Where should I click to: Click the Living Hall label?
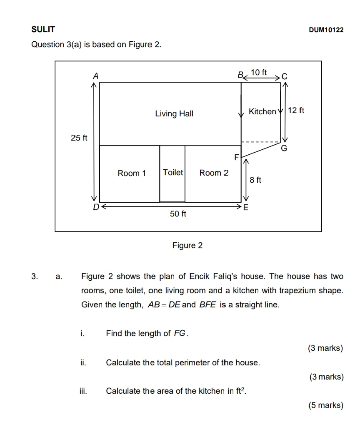174,114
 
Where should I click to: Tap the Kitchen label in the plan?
262,111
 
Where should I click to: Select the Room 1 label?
132,173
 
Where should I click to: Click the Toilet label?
173,172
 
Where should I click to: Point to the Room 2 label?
214,173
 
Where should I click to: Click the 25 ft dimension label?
79,138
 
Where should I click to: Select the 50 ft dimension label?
178,214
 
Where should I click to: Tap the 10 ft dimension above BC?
259,73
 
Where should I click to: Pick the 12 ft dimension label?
296,111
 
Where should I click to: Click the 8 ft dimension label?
255,180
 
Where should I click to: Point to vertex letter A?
95,76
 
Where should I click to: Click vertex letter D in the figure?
95,206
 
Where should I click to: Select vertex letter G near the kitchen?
284,148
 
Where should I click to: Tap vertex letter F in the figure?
236,157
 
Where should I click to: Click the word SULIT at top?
43,30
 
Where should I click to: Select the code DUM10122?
326,30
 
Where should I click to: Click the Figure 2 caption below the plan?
187,246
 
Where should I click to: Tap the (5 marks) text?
326,405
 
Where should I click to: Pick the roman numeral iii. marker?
83,391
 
